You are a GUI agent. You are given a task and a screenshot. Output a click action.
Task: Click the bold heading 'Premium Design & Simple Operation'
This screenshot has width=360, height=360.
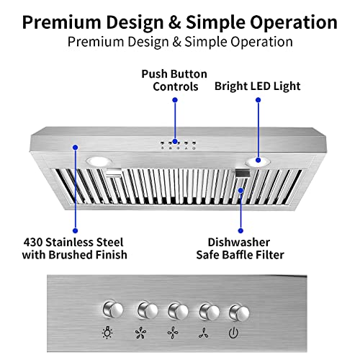point(180,21)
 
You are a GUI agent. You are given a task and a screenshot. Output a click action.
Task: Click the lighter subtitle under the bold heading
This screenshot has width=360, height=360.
point(180,42)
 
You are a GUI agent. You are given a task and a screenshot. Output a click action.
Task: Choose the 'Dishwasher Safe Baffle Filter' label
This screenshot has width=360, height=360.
point(241,248)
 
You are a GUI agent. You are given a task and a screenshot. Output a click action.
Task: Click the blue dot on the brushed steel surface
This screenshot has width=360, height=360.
point(75,146)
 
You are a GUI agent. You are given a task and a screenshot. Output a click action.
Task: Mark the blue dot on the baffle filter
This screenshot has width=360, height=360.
point(241,190)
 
